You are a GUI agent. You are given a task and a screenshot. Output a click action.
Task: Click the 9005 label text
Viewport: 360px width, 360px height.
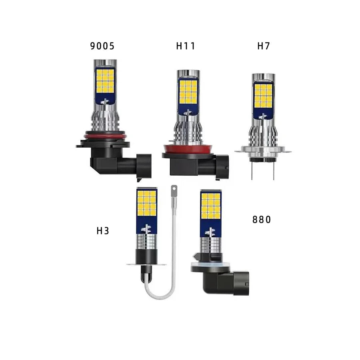[102, 46]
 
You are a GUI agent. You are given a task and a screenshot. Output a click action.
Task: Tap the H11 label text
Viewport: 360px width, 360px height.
[186, 46]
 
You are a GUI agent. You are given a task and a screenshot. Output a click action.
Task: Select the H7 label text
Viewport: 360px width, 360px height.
[264, 46]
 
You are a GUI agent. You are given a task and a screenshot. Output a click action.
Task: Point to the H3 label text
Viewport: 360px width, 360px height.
[103, 231]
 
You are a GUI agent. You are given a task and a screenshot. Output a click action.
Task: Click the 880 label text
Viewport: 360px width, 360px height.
[262, 220]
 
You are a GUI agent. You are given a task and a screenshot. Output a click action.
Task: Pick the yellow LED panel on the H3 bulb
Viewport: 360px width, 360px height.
[146, 203]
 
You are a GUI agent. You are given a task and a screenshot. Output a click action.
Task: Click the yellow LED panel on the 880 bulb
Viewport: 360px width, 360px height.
[211, 206]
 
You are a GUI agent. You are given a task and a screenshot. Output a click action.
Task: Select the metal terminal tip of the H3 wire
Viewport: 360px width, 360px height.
[174, 191]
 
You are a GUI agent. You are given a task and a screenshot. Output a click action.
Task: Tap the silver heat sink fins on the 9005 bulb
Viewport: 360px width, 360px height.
[105, 120]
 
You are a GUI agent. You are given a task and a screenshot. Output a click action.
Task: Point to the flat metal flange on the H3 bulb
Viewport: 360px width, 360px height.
[146, 264]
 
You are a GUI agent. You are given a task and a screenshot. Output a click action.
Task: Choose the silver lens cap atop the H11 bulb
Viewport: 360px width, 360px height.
[188, 74]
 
